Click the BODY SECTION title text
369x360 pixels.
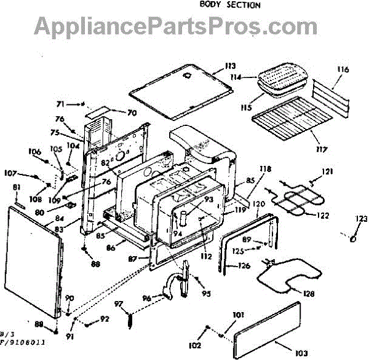coord(230,5)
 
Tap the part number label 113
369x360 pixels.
coord(230,66)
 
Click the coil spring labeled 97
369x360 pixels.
coord(130,320)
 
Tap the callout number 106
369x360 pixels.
coord(34,152)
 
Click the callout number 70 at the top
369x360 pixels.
coord(132,113)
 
